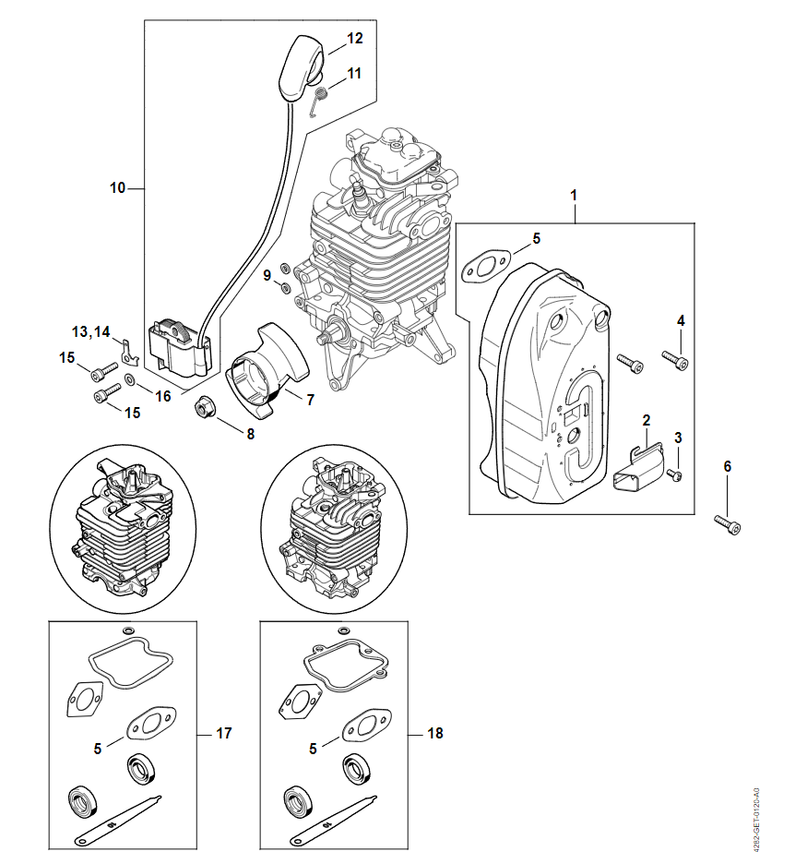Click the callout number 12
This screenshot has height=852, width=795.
pos(355,39)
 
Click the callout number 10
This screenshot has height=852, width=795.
pos(117,188)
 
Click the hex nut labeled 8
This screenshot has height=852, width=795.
pos(204,405)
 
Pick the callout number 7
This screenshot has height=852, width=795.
pos(310,401)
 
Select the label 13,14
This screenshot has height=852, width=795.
pos(91,330)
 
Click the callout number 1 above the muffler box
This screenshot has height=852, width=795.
pos(574,196)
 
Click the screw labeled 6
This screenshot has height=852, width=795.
pos(728,524)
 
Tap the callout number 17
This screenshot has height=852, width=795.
pos(223,734)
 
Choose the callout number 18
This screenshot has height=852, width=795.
pos(435,734)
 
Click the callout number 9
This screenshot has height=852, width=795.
pos(267,275)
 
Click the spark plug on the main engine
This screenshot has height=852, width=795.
pos(355,194)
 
